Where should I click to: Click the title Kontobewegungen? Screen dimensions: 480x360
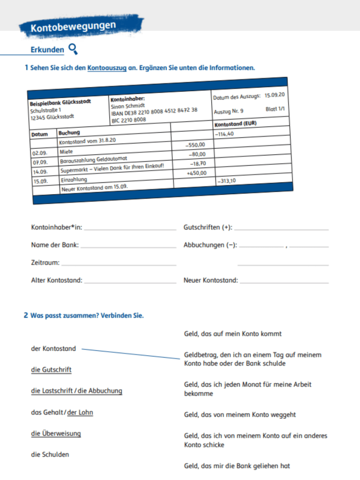pos(73,26)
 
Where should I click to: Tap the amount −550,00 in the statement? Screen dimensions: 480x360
pos(195,145)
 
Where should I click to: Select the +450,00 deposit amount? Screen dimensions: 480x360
pos(196,173)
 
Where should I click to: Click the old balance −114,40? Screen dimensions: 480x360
pos(225,134)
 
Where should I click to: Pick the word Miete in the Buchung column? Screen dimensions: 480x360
pos(66,151)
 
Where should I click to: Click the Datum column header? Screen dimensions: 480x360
pos(39,134)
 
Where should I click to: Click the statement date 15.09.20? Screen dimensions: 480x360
pos(275,95)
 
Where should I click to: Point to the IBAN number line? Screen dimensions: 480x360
pos(154,111)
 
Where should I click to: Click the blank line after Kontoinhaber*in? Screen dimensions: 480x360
pos(130,230)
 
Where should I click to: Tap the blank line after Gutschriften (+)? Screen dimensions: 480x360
pos(281,230)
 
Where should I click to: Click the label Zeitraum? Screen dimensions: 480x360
pos(45,263)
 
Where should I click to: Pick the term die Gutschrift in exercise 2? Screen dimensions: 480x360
pos(51,370)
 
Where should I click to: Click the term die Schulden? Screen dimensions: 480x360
pos(50,454)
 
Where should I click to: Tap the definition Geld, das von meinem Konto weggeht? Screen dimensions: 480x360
pos(240,414)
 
